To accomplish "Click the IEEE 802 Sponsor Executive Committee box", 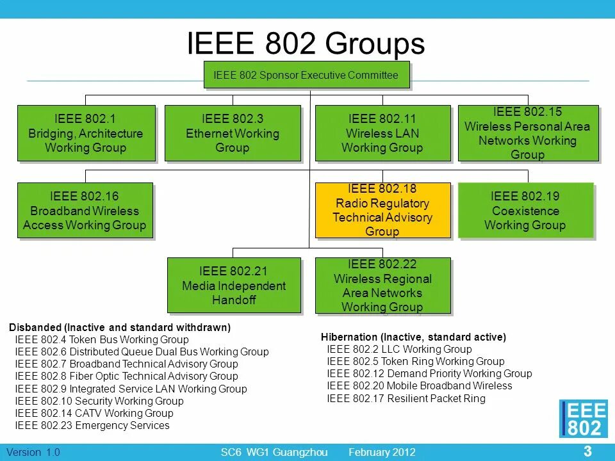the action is click(306, 76).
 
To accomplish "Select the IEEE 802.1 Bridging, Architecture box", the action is click(86, 133).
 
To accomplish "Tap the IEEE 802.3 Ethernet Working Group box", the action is click(233, 133).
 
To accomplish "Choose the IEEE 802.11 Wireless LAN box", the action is click(382, 133).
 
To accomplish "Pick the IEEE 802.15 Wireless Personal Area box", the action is click(527, 133).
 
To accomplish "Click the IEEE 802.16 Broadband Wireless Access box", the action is click(85, 211).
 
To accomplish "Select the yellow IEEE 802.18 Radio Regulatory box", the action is click(382, 211).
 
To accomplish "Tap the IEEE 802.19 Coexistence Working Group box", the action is click(525, 211).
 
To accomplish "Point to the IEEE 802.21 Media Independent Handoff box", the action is click(233, 286).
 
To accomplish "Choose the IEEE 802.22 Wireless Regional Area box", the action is click(382, 286).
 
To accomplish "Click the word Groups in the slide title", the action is click(375, 44).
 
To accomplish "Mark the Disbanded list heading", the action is click(120, 327).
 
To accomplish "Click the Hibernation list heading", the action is click(413, 337).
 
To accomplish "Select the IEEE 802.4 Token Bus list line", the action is click(102, 339).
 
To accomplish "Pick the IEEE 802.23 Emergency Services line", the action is click(92, 425).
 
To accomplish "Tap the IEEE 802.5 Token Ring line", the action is click(415, 361).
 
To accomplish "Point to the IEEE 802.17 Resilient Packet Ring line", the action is click(406, 398).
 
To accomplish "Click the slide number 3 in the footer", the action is click(587, 451).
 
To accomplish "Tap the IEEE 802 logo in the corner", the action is click(583, 419).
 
